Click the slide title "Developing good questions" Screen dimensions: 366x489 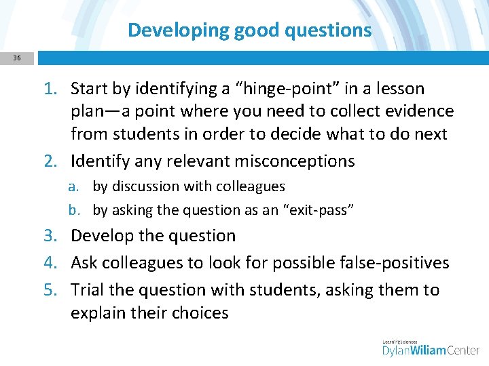pyautogui.click(x=249, y=30)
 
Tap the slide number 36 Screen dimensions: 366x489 pyautogui.click(x=16, y=58)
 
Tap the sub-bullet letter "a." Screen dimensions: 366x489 pyautogui.click(x=81, y=186)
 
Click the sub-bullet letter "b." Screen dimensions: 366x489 pyautogui.click(x=81, y=210)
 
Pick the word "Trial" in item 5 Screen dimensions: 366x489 pyautogui.click(x=88, y=290)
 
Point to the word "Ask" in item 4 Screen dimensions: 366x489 pyautogui.click(x=84, y=263)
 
